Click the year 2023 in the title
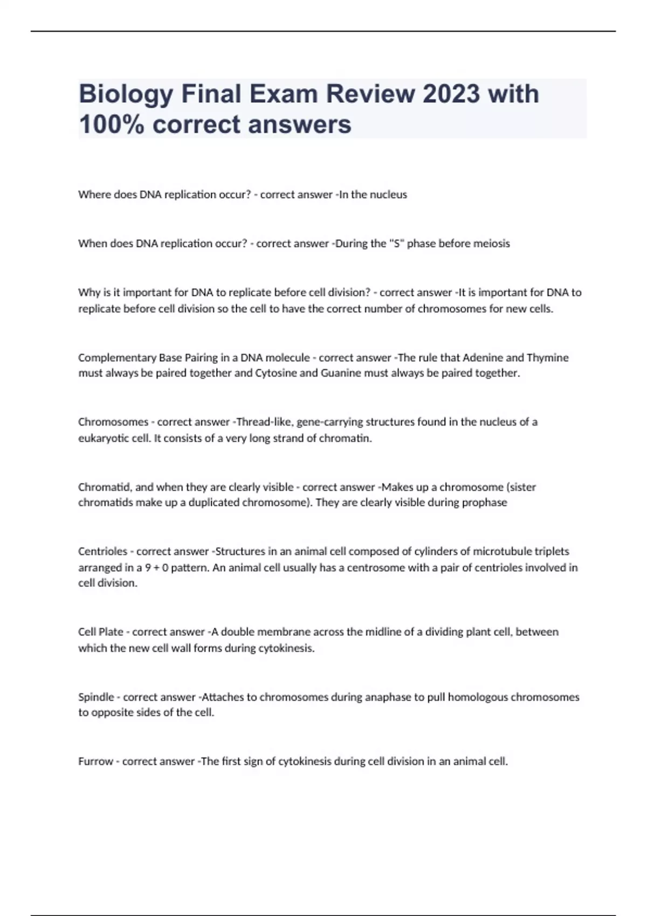[x=451, y=94]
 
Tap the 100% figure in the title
[x=112, y=124]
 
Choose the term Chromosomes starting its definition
[x=113, y=422]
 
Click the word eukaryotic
[x=104, y=438]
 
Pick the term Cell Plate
[x=101, y=632]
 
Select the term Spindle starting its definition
[x=96, y=697]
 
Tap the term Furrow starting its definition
[x=96, y=761]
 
